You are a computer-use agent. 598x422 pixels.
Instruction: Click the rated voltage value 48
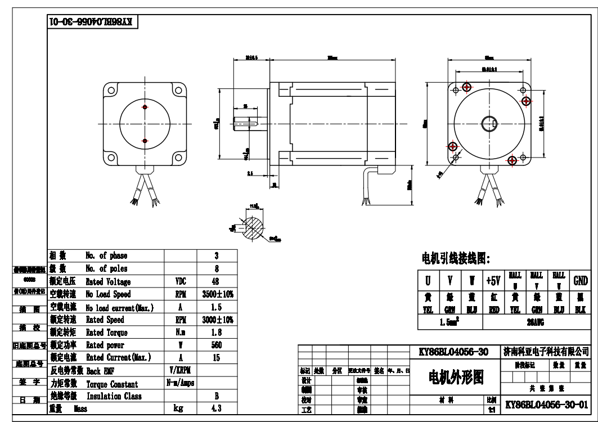(x=217, y=282)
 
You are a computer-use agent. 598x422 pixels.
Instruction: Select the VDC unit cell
(x=181, y=282)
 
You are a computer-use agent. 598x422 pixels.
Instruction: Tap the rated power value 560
(x=217, y=345)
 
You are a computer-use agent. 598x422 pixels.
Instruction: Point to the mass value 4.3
(x=217, y=409)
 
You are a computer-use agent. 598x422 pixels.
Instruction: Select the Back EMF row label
(x=101, y=371)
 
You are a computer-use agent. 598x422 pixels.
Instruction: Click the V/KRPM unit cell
(x=181, y=371)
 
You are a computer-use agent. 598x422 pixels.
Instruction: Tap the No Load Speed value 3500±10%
(x=217, y=294)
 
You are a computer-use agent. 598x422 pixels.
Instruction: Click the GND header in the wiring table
(x=579, y=280)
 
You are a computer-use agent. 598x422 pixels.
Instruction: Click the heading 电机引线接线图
(x=456, y=259)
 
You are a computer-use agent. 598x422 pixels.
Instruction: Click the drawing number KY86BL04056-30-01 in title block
(x=546, y=405)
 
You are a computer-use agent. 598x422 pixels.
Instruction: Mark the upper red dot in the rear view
(x=145, y=107)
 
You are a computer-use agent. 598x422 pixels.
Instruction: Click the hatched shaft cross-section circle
(x=257, y=223)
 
